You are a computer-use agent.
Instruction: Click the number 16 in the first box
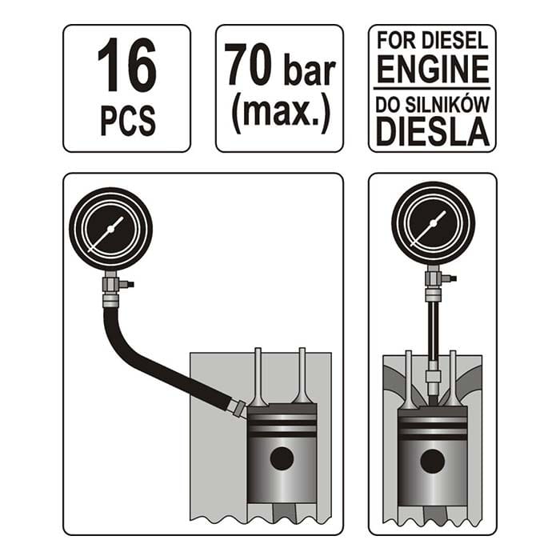pos(126,65)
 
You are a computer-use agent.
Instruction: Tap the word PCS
pos(128,119)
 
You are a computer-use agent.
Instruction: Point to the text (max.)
pos(280,114)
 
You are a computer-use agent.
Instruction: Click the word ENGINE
pos(433,69)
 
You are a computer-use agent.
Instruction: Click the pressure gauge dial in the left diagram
pos(110,230)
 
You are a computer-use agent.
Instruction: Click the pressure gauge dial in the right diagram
pos(434,223)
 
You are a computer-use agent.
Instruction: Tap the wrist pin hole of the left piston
pos(282,458)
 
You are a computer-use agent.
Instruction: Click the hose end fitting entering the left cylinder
pos(238,408)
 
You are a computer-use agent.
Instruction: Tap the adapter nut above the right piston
pos(433,377)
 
